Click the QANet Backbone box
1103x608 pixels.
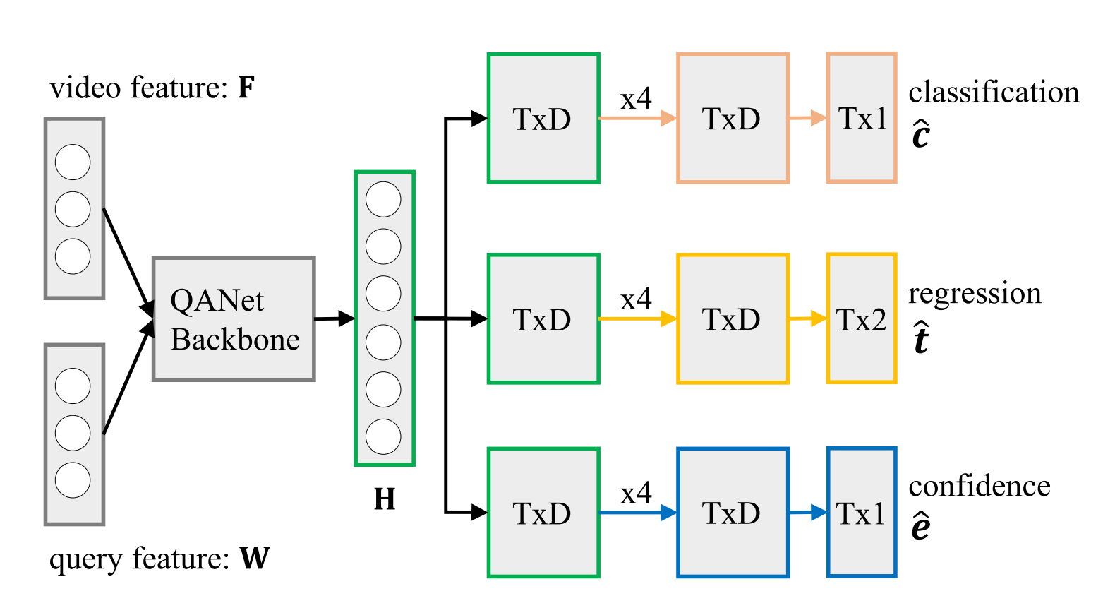point(234,318)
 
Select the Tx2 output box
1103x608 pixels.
point(862,318)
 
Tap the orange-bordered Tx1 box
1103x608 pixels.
point(862,118)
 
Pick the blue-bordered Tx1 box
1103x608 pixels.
point(862,513)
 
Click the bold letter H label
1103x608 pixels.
point(385,499)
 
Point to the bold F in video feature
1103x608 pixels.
point(246,87)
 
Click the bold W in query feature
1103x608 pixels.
point(255,559)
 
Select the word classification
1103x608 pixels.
point(994,92)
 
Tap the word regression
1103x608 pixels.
point(975,294)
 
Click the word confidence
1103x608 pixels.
point(980,487)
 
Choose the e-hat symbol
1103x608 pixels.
point(921,526)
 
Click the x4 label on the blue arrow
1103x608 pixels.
point(637,493)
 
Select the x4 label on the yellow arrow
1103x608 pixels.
point(637,299)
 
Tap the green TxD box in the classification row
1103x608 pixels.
point(543,118)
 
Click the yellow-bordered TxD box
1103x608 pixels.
point(733,318)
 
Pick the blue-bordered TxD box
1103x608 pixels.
point(733,513)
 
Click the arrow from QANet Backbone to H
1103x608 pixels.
point(334,318)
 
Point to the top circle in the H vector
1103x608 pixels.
point(383,200)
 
